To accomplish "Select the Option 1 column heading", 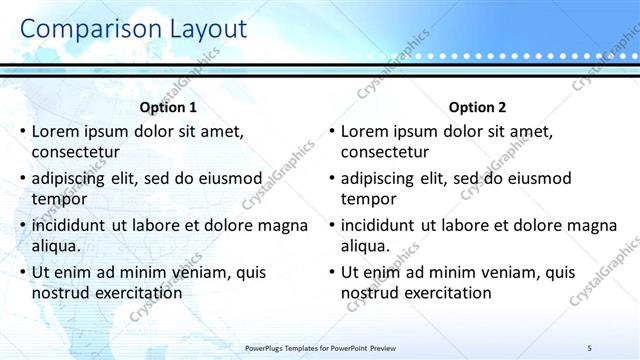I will tap(168, 107).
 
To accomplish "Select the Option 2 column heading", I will tap(478, 107).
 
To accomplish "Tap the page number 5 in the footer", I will tap(590, 347).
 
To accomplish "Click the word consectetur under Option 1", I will tap(76, 153).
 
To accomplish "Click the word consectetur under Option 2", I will tap(385, 153).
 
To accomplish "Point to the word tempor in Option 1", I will tap(57, 199).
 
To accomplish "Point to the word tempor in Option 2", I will tap(366, 199).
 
